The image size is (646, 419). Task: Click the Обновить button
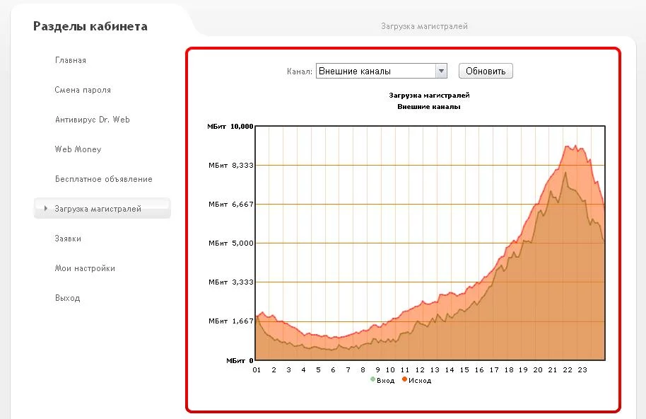tap(486, 71)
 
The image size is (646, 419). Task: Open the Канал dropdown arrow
tap(442, 71)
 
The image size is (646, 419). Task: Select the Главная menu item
tap(71, 60)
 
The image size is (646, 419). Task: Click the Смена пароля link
tap(83, 90)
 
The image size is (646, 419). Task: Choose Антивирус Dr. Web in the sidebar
tap(93, 120)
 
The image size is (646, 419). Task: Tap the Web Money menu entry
tap(78, 149)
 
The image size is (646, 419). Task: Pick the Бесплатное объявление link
tap(104, 179)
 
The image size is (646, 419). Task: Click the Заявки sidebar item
tap(68, 239)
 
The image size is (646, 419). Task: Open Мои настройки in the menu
tap(85, 268)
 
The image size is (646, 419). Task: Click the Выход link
tap(67, 298)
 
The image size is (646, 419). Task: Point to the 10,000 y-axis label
tap(242, 126)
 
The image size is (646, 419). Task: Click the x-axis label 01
tap(257, 369)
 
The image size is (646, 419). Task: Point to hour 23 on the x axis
tap(582, 369)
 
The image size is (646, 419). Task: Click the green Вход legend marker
tap(373, 380)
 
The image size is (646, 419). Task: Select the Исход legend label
tap(419, 381)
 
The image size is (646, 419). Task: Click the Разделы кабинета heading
tap(90, 27)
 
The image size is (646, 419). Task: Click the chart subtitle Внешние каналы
tap(429, 107)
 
